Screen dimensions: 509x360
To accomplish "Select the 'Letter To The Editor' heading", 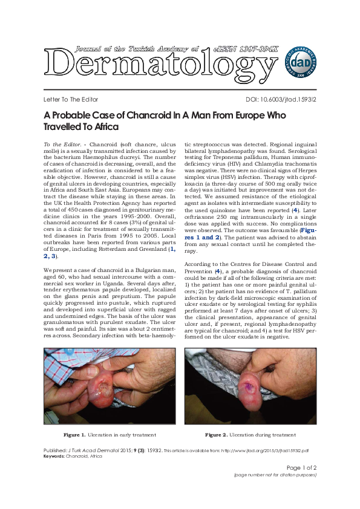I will point(71,99).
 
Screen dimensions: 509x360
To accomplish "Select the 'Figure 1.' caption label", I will point(74,435).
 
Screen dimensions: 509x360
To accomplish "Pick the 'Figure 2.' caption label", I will point(215,435).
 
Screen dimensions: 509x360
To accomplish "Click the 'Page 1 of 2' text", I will point(301,467).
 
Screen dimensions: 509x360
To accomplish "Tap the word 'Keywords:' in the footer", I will point(54,456).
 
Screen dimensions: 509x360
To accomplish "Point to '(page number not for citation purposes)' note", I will point(275,475).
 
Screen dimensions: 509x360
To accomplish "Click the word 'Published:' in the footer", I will point(55,451).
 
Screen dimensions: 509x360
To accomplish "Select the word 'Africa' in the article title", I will point(104,128).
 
